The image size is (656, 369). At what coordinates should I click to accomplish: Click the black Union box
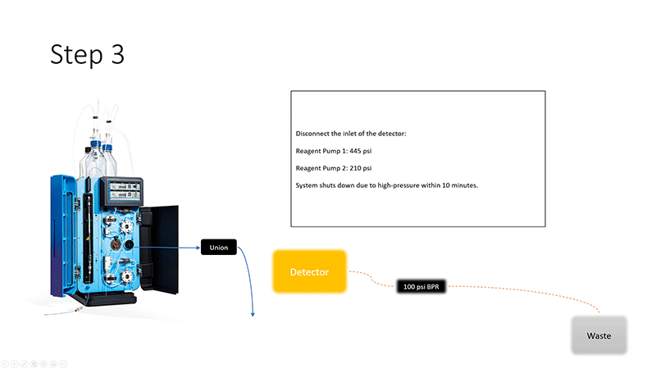pos(219,247)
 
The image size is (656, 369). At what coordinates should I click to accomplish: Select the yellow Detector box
pos(309,271)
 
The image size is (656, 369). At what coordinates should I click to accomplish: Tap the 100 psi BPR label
pos(421,287)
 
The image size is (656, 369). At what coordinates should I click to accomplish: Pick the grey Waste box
pos(599,336)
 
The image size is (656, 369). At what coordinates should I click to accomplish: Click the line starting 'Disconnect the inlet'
pos(351,133)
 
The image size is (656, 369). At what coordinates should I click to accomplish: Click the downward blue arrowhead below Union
pos(253,312)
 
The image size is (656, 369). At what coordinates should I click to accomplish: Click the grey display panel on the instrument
pos(121,194)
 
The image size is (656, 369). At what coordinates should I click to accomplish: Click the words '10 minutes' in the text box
pos(459,185)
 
